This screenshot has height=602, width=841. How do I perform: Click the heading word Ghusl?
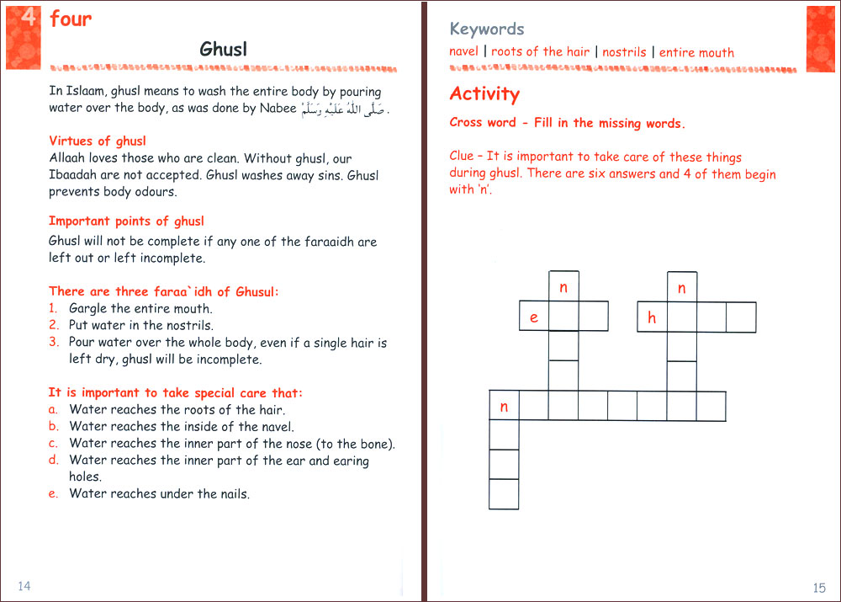[222, 49]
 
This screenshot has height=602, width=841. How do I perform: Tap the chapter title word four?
[71, 19]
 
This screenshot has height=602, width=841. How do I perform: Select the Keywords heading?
[487, 29]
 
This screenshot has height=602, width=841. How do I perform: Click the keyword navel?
[463, 51]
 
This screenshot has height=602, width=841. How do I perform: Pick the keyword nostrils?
[624, 52]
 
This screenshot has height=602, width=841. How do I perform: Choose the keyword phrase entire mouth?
[696, 52]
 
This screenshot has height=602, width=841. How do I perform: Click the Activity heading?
[484, 93]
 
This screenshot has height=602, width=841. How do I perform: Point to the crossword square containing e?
[534, 317]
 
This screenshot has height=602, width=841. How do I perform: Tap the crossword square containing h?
[652, 317]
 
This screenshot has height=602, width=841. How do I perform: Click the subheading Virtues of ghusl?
[97, 141]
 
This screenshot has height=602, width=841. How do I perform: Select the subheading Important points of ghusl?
[126, 221]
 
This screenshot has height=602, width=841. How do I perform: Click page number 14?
[24, 586]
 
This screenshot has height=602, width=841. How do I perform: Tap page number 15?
[820, 588]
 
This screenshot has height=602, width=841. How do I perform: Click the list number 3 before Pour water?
[54, 342]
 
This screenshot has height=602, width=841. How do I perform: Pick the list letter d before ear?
[54, 460]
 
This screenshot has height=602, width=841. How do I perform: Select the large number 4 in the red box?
[28, 18]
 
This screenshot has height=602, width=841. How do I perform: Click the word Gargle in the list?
[88, 308]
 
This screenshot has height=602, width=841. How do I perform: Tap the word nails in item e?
[233, 493]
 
